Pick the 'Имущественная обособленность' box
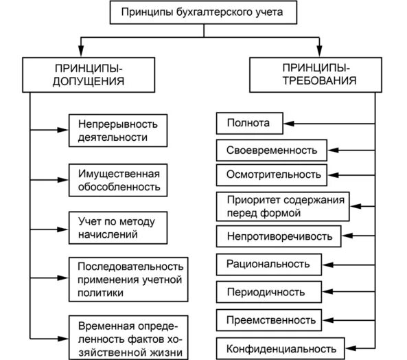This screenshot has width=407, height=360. coord(119,179)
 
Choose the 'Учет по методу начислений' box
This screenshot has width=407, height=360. coord(117,228)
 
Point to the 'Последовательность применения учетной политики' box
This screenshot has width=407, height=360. coord(128,278)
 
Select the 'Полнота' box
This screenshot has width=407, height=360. coord(248,124)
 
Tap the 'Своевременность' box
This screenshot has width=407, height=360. coord(272,149)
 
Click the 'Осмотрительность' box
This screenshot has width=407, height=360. coord(273,175)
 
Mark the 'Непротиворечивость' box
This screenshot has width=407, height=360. coord(279,237)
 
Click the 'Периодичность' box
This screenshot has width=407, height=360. coord(266,292)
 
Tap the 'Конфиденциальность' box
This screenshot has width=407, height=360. coord(281,347)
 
